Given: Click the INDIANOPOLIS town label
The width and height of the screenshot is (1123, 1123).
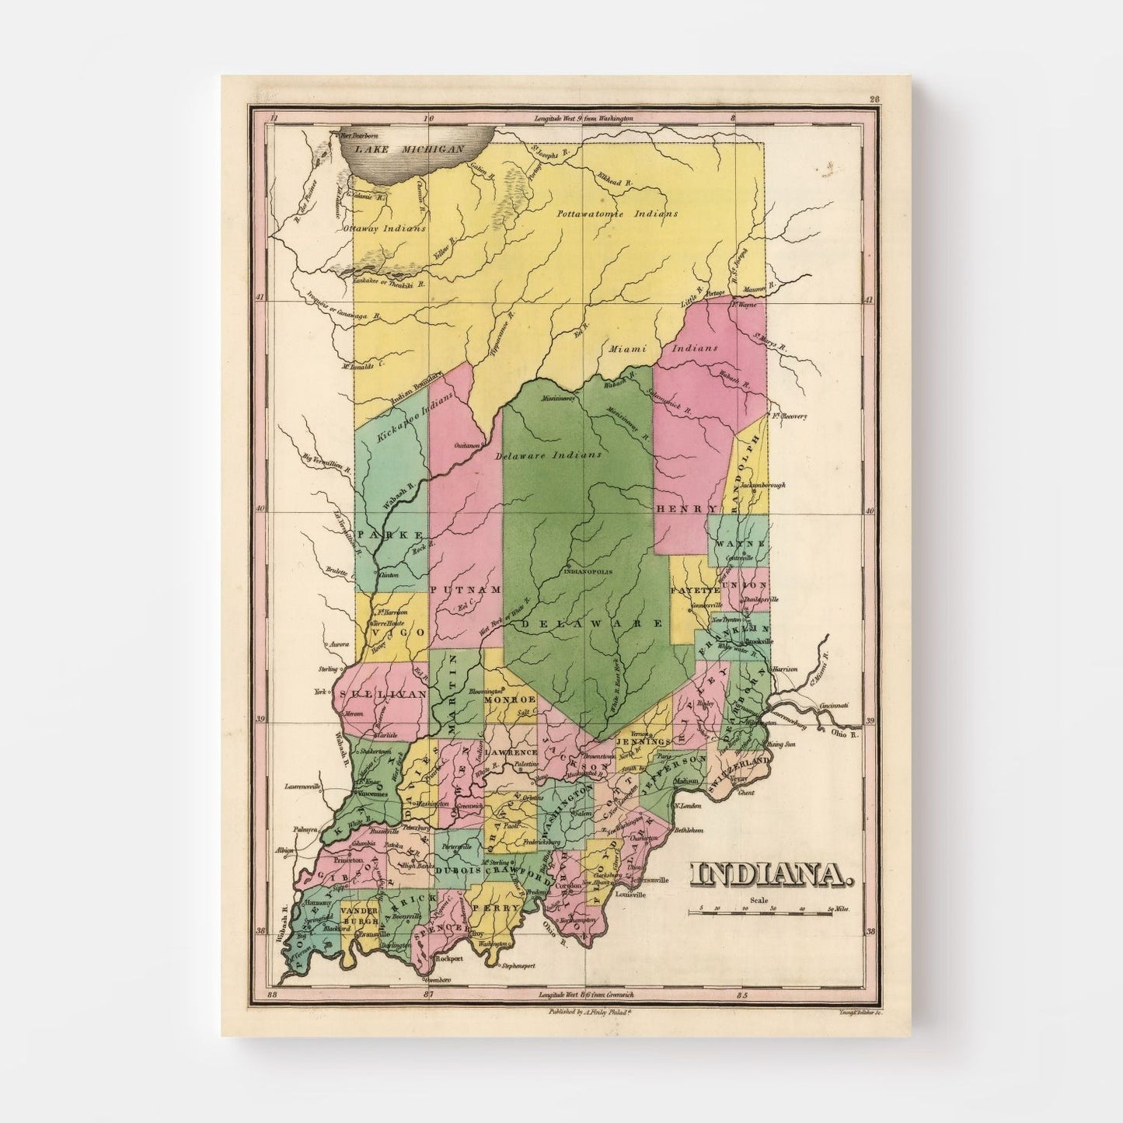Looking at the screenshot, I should [587, 571].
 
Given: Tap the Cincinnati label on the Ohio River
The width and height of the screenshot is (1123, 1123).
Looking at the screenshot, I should [835, 706].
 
